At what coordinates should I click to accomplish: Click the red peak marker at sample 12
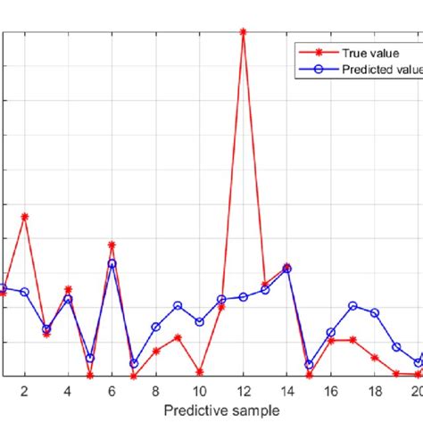243,31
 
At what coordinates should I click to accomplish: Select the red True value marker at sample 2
25,216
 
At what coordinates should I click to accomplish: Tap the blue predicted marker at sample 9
178,306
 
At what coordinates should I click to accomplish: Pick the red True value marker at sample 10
199,371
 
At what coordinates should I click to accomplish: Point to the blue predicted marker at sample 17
352,306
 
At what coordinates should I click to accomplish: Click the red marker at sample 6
112,245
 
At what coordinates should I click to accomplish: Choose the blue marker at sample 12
243,297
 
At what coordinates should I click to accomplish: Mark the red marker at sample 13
265,285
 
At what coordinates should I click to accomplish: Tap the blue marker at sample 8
155,328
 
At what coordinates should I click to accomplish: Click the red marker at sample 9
178,337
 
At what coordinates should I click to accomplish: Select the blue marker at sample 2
25,292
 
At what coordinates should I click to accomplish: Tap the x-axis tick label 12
243,390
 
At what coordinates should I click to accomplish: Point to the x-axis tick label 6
112,390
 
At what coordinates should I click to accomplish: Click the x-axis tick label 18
374,390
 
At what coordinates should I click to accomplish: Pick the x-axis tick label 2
25,390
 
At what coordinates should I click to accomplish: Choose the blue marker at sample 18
374,313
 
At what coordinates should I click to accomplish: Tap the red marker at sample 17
352,340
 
